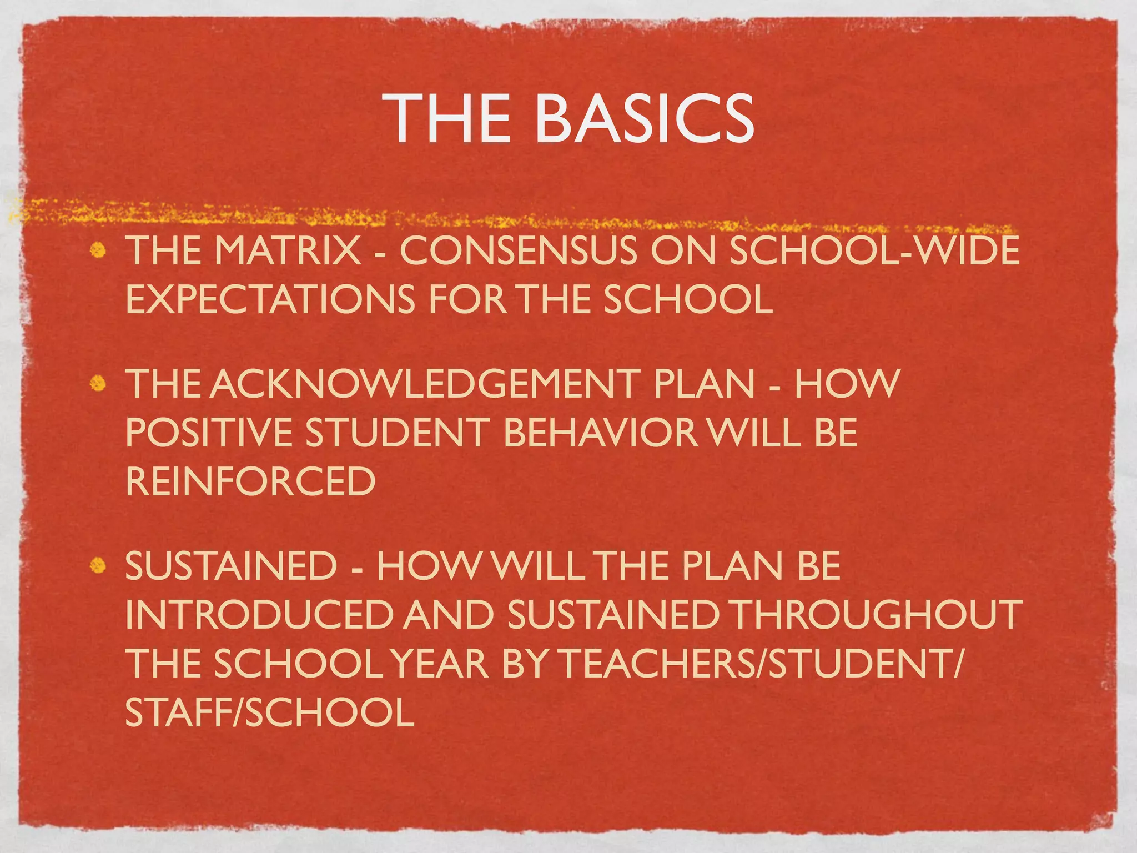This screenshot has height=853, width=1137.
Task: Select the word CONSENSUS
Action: (x=519, y=251)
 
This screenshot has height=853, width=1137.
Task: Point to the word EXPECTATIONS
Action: (x=270, y=300)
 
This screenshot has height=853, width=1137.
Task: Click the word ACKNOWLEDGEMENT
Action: (x=425, y=384)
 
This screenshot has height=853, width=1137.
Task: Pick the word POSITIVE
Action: (x=208, y=433)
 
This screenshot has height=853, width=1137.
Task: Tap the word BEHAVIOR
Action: (x=600, y=433)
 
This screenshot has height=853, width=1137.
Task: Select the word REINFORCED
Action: (x=250, y=481)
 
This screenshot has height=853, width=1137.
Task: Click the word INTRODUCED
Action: (x=259, y=615)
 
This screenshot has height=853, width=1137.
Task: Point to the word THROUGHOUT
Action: (x=877, y=615)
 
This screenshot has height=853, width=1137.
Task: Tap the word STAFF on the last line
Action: (x=178, y=712)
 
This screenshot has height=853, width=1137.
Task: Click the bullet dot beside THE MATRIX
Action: (x=98, y=251)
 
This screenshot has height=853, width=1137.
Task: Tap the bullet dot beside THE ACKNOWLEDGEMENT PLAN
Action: (x=98, y=384)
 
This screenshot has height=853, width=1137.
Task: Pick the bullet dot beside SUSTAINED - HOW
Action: (x=98, y=566)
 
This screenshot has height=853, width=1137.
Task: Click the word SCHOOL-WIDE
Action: (x=874, y=251)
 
